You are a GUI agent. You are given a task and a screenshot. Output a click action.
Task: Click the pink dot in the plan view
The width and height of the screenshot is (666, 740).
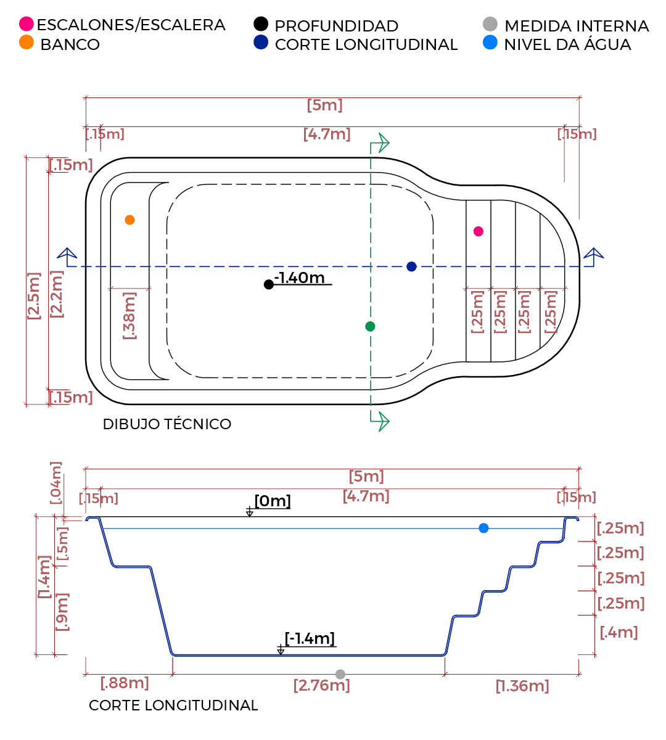tap(477, 231)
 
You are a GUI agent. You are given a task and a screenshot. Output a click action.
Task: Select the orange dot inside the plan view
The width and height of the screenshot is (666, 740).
tap(129, 220)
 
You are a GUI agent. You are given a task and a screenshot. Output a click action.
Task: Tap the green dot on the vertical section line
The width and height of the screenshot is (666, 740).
tap(371, 327)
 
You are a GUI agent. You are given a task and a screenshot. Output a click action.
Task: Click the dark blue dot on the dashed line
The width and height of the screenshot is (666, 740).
tap(411, 267)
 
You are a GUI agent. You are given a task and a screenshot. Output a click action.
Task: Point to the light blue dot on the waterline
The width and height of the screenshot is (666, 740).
tap(484, 529)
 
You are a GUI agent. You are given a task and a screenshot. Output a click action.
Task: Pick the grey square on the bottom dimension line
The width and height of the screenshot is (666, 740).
tap(340, 673)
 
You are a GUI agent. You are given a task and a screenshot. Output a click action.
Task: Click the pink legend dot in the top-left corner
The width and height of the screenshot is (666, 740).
tap(26, 24)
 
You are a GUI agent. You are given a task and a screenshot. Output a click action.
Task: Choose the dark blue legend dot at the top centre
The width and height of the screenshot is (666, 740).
tap(261, 42)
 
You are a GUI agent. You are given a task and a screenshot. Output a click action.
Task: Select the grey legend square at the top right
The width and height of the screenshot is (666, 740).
tap(488, 23)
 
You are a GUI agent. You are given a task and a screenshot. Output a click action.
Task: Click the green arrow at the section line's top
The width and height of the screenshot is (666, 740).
tap(380, 142)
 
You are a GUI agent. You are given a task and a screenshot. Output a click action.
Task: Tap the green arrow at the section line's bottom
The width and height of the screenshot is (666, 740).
tap(380, 421)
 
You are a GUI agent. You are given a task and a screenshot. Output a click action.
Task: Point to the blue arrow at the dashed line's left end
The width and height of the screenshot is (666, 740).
tap(66, 255)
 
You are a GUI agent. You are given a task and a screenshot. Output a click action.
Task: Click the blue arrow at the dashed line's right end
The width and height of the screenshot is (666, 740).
tap(594, 255)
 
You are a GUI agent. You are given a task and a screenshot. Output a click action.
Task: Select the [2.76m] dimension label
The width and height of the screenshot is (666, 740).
tap(321, 685)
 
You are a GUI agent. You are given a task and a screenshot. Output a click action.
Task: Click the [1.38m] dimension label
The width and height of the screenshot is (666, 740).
tap(522, 686)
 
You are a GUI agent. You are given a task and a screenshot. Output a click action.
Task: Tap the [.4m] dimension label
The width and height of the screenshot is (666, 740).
tap(620, 631)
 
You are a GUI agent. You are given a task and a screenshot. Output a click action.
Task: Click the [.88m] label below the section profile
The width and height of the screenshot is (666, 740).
tap(125, 683)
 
